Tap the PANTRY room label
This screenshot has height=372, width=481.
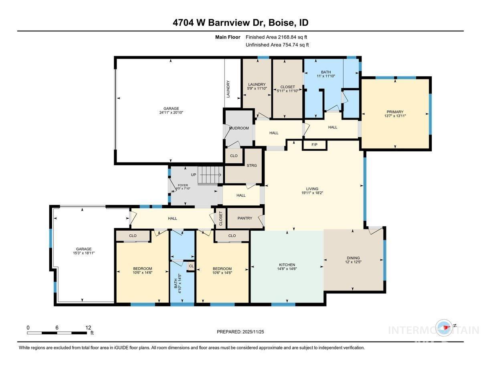point(245,218)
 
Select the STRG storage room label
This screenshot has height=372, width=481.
point(252,165)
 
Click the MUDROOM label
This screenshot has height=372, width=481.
point(239,128)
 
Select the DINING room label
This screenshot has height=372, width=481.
point(353,258)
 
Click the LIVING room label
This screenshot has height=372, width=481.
point(312,189)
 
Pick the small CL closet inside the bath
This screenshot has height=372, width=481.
point(191,266)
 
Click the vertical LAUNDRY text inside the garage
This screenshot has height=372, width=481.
point(228,89)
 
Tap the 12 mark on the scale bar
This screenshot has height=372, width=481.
point(88,327)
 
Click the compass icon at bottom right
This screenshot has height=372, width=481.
point(445,328)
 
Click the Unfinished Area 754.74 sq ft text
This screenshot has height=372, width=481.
point(277,45)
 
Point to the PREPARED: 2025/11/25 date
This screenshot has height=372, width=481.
point(240,331)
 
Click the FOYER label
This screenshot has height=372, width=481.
point(182,185)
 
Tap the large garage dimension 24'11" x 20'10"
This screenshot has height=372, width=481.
point(171,113)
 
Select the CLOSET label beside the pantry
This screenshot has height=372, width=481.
point(220,219)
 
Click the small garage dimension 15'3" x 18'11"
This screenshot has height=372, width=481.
point(84,253)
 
